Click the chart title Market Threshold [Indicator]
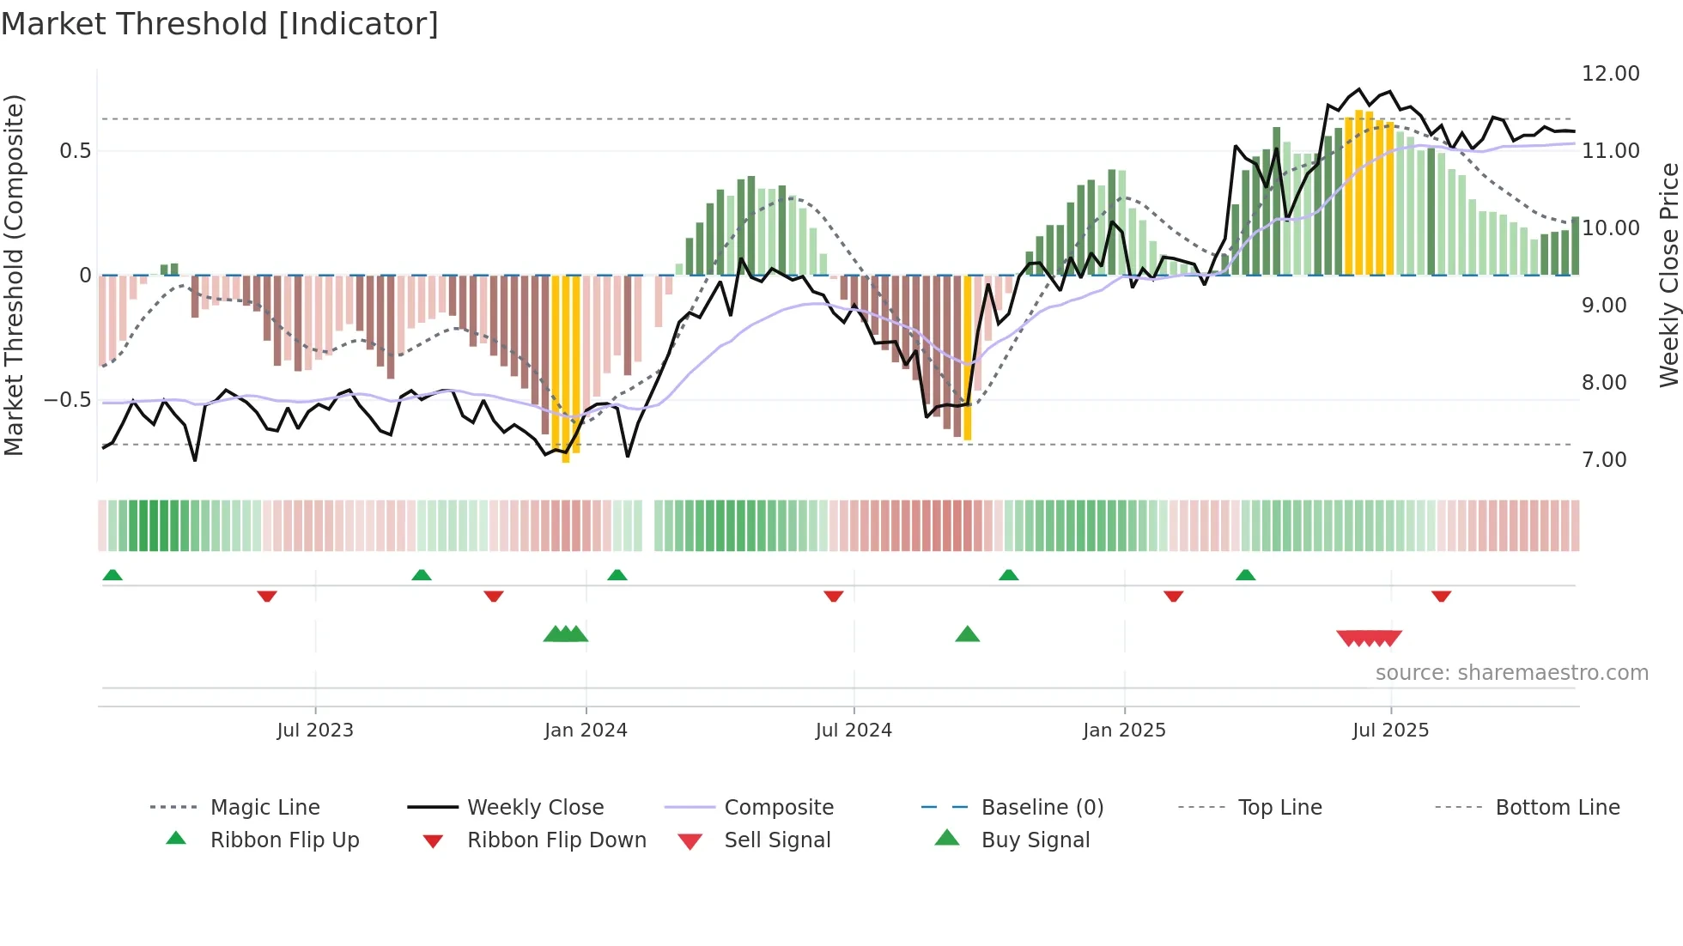pos(220,24)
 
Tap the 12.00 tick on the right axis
pos(1610,74)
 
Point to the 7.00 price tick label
pos(1604,460)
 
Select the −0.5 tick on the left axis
pos(67,400)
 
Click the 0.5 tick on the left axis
pos(75,151)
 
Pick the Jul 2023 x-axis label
pos(315,731)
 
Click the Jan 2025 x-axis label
pos(1124,731)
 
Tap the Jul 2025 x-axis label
pos(1390,731)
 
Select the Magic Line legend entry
pos(264,808)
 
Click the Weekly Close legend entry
pos(535,808)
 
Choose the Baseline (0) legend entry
pos(1042,808)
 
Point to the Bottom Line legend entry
pos(1557,808)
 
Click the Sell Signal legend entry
pos(776,840)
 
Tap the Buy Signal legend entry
pos(1035,840)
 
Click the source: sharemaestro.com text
pos(1511,673)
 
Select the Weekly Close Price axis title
pos(1668,275)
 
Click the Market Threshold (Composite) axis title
pos(14,275)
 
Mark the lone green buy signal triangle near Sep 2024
pos(968,634)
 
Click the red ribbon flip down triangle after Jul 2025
pos(1441,596)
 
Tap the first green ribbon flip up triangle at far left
pos(112,575)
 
